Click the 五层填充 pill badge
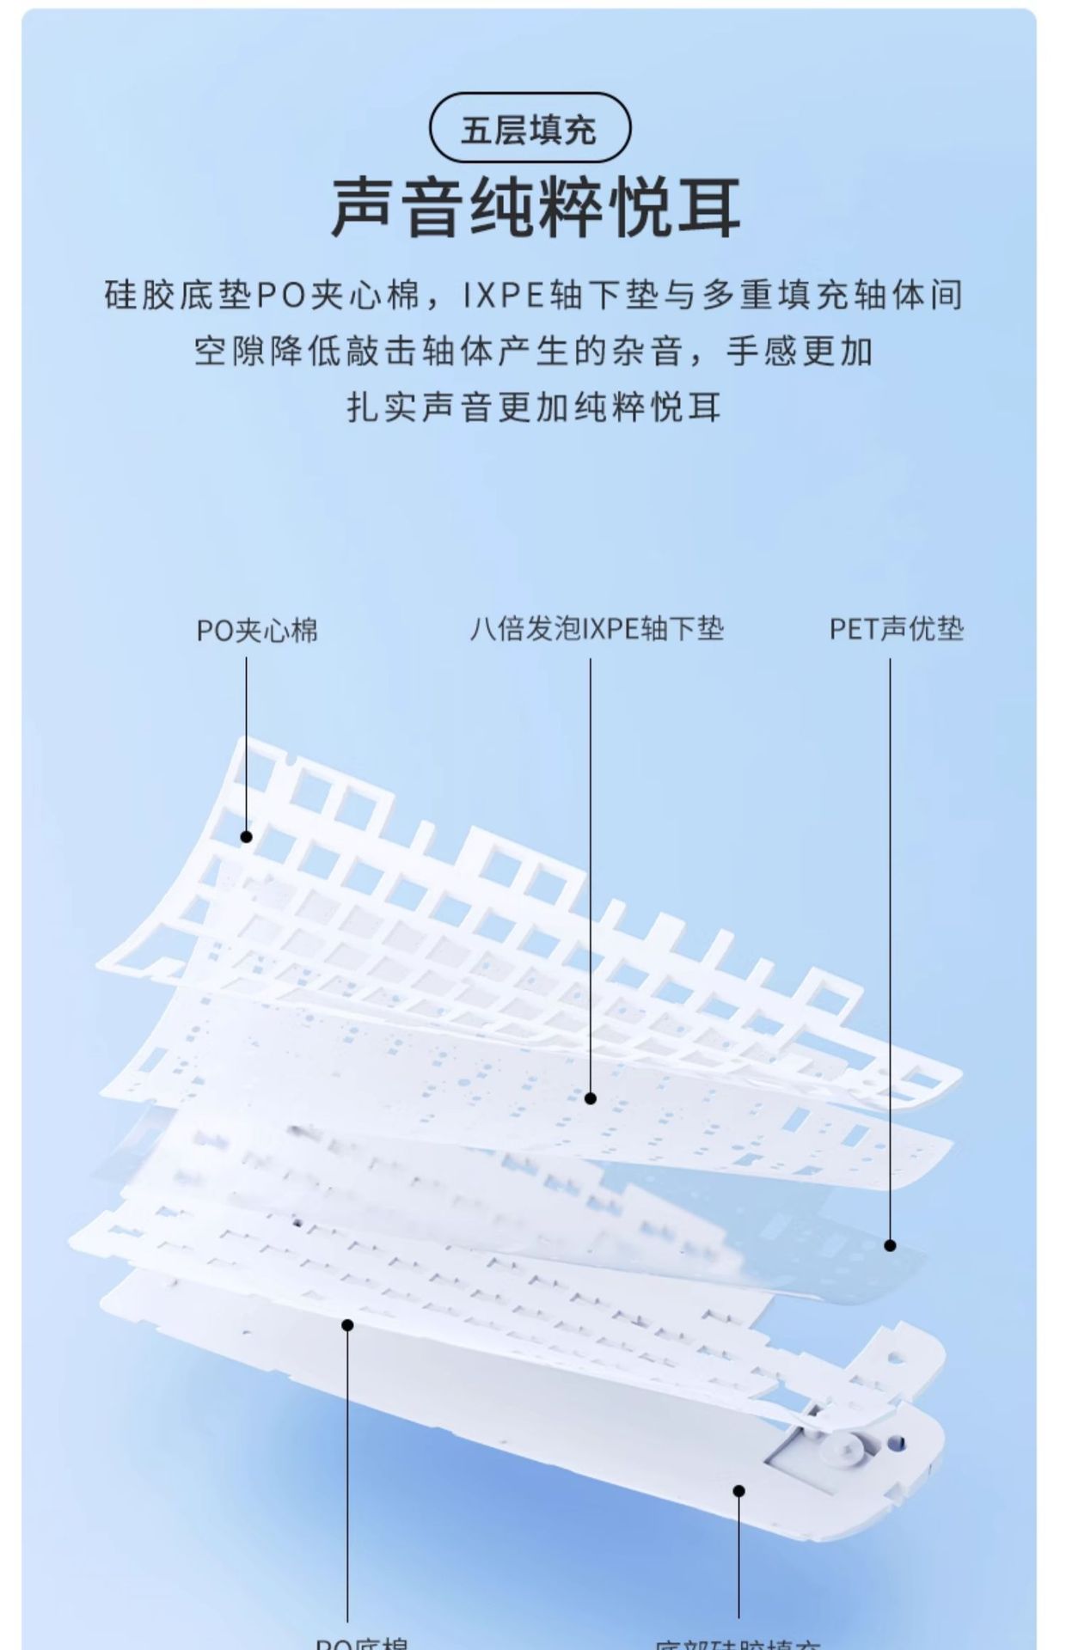coord(530,129)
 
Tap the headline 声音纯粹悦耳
coord(535,208)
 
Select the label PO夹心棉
coord(257,631)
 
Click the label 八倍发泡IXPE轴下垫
coord(597,629)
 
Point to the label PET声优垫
coord(897,629)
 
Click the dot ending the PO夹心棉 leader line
coord(247,836)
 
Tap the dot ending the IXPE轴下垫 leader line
coord(591,1097)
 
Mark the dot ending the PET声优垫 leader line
coord(890,1245)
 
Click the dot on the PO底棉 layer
coord(347,1325)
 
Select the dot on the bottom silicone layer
coord(738,1490)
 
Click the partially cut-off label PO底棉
coord(361,1642)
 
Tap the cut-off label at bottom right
coord(738,1643)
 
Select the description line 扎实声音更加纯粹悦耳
coord(533,406)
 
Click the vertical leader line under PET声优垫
coord(890,945)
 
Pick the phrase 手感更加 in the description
coord(799,351)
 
